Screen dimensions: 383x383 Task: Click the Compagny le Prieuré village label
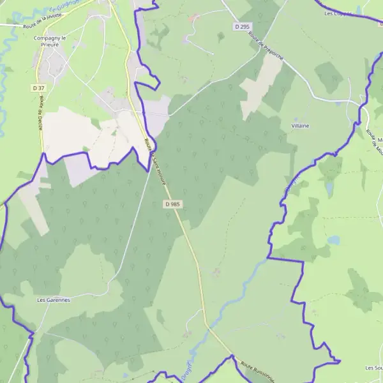(50, 41)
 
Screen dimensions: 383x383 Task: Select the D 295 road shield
(241, 26)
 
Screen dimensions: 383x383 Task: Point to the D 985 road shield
(172, 204)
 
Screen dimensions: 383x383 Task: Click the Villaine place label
(300, 126)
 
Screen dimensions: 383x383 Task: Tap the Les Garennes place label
(53, 299)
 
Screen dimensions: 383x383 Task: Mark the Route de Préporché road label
(266, 47)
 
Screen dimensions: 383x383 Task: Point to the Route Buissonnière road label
(257, 372)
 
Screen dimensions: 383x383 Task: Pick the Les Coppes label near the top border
(338, 13)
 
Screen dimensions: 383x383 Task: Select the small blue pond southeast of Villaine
(334, 240)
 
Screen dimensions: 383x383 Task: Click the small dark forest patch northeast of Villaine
(329, 77)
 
